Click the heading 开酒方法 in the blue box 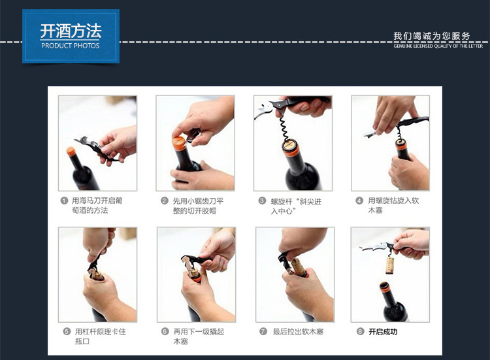click(x=71, y=31)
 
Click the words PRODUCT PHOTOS click(x=71, y=46)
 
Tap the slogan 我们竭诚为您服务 click(x=432, y=36)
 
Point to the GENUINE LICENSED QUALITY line click(x=438, y=46)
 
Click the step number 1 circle click(x=64, y=201)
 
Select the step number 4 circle click(x=359, y=201)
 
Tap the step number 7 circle click(x=263, y=331)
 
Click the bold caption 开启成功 click(x=383, y=331)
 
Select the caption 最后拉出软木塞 click(x=298, y=331)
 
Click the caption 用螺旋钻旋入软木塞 click(x=393, y=205)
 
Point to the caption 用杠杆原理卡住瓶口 click(x=100, y=336)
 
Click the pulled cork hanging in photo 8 click(x=389, y=265)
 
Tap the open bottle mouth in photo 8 click(x=385, y=286)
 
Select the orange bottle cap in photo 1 click(x=71, y=152)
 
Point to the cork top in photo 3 click(x=289, y=144)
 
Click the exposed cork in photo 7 click(x=299, y=267)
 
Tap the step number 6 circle click(x=165, y=331)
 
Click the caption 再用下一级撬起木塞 click(x=199, y=336)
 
